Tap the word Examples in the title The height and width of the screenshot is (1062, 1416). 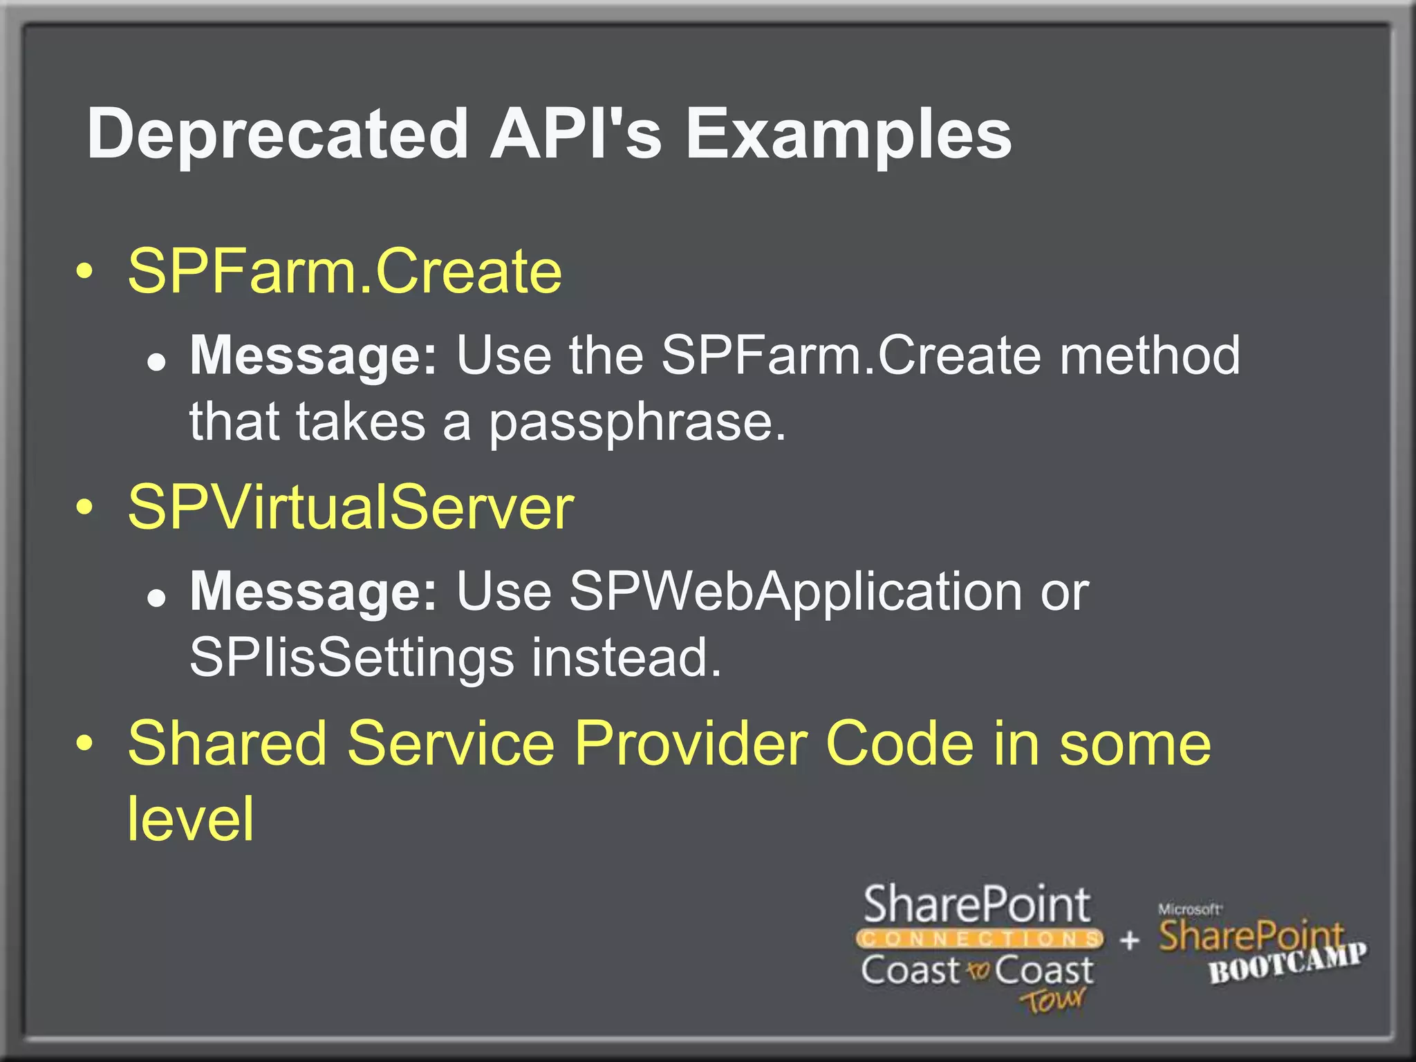coord(848,134)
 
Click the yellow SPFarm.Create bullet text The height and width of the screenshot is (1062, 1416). coord(344,271)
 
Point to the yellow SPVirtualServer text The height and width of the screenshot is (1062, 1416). coord(351,507)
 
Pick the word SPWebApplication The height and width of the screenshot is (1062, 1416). coord(795,592)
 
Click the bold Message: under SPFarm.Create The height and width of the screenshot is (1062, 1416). coord(314,355)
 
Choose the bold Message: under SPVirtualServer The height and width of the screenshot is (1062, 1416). coord(314,592)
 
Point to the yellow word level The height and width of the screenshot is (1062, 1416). coord(191,819)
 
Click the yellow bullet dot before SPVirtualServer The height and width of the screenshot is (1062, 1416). coord(84,508)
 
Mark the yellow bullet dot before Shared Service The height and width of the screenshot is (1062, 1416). coord(84,745)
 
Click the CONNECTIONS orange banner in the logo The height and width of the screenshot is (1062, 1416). coord(979,939)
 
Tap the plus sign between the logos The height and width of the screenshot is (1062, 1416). coord(1129,940)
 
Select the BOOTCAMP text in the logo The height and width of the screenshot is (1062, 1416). coord(1287,963)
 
